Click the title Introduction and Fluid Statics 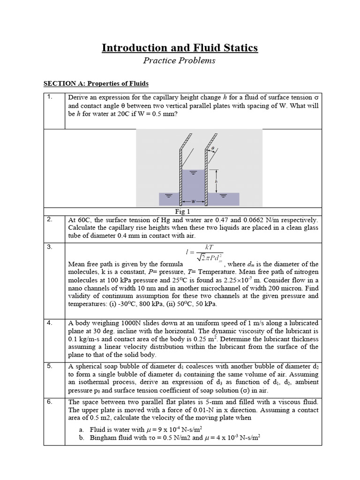pos(180,48)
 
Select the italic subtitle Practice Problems pos(180,60)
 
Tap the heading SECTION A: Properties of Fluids pos(96,83)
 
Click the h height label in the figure pos(216,181)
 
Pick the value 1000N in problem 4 pos(128,323)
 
